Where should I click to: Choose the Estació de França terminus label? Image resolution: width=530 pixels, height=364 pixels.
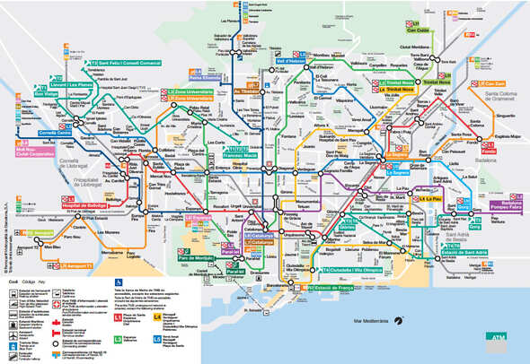pos(337,287)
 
